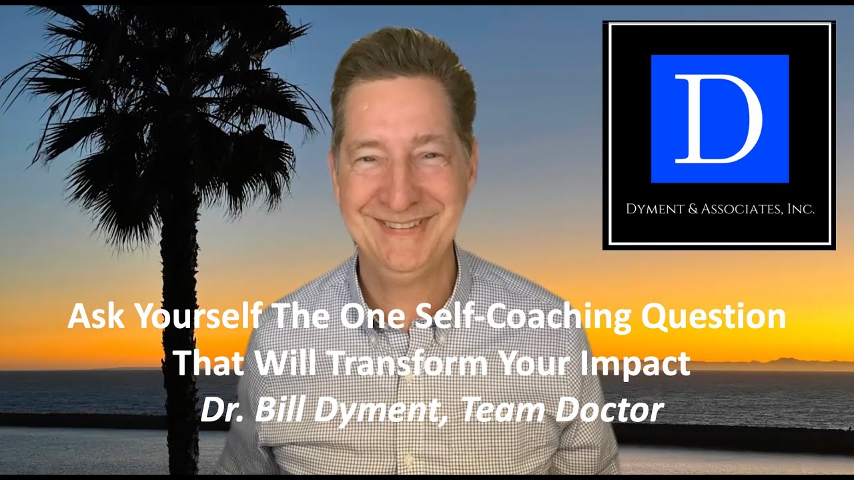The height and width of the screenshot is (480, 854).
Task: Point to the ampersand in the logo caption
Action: click(692, 209)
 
